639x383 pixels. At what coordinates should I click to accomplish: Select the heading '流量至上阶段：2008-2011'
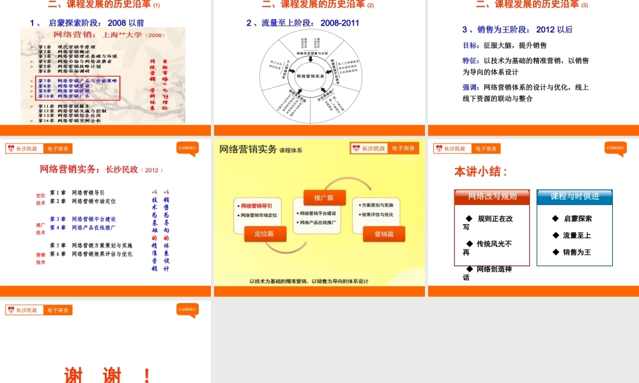tap(303, 23)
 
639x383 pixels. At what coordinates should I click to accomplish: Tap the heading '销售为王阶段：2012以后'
tap(517, 29)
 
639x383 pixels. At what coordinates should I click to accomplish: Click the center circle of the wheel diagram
tap(311, 76)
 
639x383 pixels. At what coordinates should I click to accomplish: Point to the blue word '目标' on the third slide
tap(470, 45)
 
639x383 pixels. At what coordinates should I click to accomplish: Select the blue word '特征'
tap(470, 61)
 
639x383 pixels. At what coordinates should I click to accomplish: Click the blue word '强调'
tap(470, 87)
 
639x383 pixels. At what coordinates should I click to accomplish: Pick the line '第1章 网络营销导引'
tap(77, 192)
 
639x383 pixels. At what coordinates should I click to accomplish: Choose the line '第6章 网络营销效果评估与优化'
tap(91, 254)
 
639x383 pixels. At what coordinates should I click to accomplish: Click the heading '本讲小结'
tap(481, 172)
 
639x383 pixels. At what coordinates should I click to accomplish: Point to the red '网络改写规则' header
tap(492, 197)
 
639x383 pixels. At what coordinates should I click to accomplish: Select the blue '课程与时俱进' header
tap(574, 197)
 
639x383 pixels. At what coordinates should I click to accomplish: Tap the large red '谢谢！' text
tap(107, 375)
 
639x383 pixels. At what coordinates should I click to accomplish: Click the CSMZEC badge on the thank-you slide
tap(188, 310)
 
